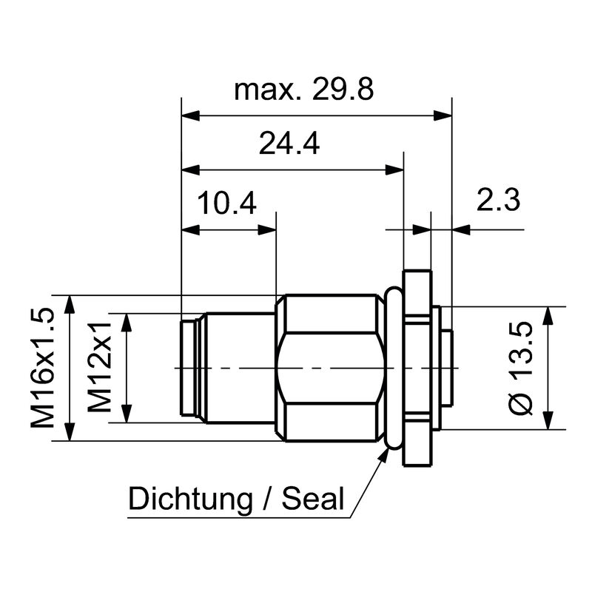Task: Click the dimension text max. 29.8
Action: pos(303,90)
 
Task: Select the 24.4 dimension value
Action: pos(289,144)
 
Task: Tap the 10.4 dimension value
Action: pos(226,202)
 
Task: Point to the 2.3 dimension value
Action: pos(498,201)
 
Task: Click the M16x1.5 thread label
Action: pos(43,368)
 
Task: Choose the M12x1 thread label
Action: pos(101,368)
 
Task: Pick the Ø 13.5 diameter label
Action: pos(522,368)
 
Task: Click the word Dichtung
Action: pos(190,499)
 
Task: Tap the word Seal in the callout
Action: pos(314,499)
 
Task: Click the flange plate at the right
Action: pos(418,368)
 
